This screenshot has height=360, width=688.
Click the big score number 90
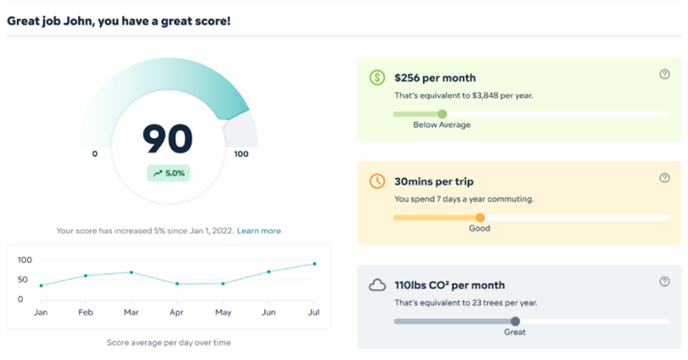point(168,138)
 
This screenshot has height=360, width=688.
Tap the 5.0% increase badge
point(168,173)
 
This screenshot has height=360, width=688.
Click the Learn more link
point(258,230)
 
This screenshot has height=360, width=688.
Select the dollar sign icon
point(377,78)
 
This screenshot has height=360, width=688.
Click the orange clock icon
point(377,181)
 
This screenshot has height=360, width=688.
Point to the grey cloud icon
point(377,285)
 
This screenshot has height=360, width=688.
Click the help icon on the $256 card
point(664,75)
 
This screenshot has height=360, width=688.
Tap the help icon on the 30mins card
point(664,179)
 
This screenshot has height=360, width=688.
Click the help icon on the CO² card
point(664,282)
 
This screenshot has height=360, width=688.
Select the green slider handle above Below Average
point(441,114)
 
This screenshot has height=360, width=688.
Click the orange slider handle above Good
point(480,218)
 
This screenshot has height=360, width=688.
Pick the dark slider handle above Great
point(515,321)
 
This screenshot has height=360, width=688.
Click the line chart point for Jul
point(314,263)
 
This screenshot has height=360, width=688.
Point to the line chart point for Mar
point(130,272)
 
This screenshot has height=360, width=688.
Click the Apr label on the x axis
point(176,313)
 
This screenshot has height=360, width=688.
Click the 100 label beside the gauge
point(241,154)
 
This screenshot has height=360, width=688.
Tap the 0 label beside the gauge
point(95,154)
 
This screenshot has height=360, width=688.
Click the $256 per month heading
point(435,78)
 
